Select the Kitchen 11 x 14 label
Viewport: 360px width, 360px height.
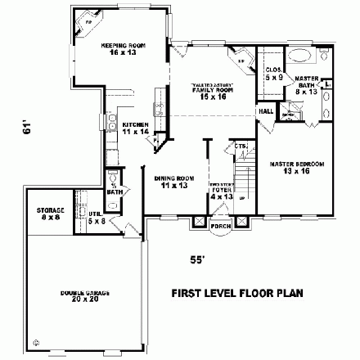pyautogui.click(x=135, y=128)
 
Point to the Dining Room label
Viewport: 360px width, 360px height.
pyautogui.click(x=173, y=182)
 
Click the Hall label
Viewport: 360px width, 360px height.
pyautogui.click(x=266, y=110)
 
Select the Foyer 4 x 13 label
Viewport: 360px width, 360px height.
pyautogui.click(x=221, y=192)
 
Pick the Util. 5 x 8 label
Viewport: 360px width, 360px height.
pyautogui.click(x=96, y=218)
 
